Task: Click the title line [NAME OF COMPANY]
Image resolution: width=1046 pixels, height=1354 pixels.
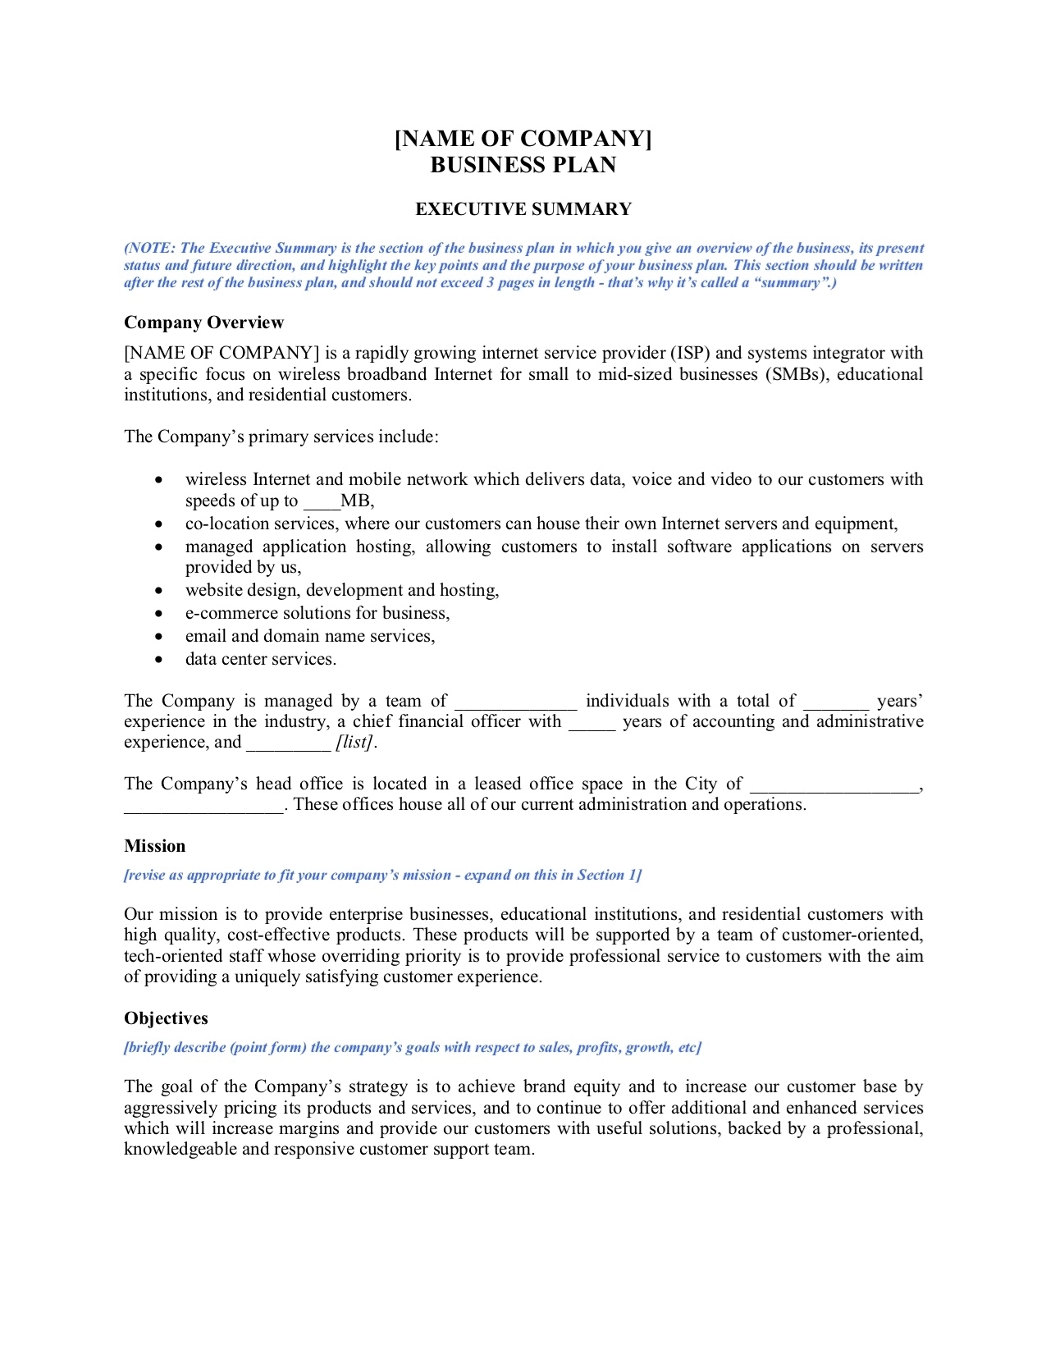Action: [523, 138]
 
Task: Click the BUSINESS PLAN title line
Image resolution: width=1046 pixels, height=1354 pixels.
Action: [523, 165]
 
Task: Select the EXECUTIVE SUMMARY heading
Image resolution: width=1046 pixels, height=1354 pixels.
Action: [523, 209]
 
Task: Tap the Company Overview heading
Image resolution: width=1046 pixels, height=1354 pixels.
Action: [203, 322]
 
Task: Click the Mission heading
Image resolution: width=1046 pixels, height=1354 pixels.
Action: [154, 846]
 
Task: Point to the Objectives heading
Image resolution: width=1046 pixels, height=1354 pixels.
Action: [166, 1018]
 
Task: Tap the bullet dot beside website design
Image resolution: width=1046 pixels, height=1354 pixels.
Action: [158, 591]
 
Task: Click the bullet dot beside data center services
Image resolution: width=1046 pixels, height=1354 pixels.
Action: [158, 660]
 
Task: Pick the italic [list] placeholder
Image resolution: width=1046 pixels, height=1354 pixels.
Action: [354, 743]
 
